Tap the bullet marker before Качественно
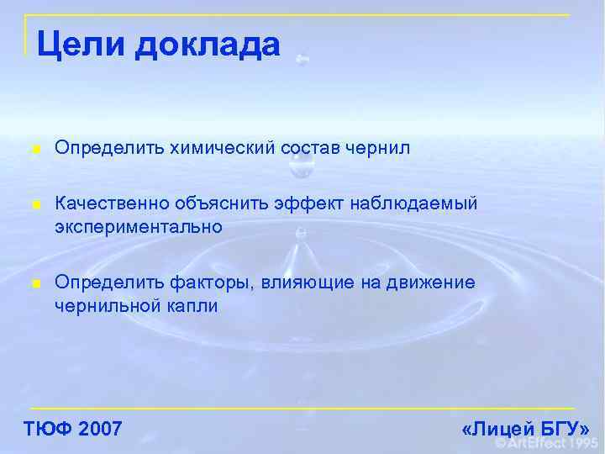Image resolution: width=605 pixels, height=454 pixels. coord(34,205)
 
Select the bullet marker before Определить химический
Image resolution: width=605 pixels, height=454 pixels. coord(34,150)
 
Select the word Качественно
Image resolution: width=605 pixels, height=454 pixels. coord(112,204)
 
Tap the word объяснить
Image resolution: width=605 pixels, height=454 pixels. coord(213,204)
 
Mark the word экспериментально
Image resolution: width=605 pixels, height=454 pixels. coord(139,226)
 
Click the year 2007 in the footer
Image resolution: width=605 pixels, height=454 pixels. coord(99,429)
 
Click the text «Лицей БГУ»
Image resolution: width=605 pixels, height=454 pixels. coord(526,429)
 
